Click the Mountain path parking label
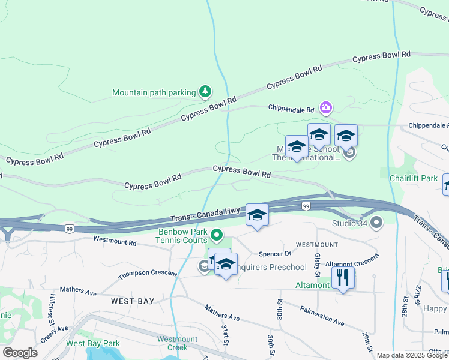click(154, 92)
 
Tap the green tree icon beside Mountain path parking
click(206, 91)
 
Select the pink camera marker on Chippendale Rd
click(326, 108)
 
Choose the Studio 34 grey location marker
click(376, 223)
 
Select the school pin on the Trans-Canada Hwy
click(257, 215)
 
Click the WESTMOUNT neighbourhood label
click(316, 245)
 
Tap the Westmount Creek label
click(177, 343)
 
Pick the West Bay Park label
click(93, 343)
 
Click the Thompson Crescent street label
click(148, 275)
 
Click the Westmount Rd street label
click(115, 241)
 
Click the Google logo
click(20, 353)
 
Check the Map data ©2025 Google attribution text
click(412, 355)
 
